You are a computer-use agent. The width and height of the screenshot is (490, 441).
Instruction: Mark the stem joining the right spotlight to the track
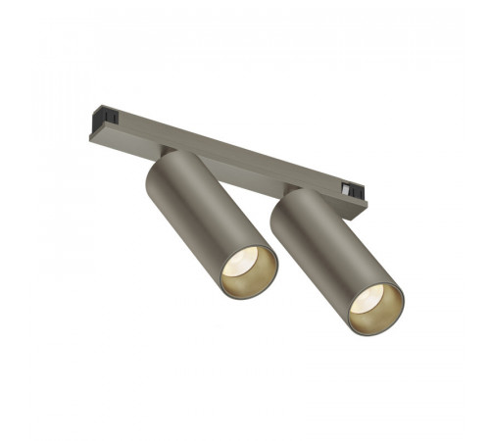point(291,184)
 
